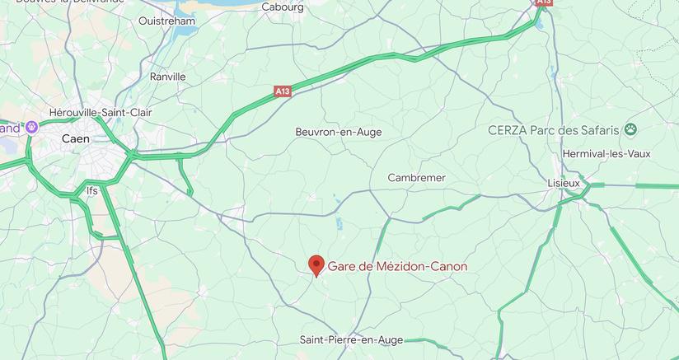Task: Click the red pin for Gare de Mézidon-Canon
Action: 316,265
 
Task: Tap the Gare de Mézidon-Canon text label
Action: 397,266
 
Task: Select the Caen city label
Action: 76,139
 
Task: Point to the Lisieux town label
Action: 564,182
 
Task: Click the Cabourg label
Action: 283,7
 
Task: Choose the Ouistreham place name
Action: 167,21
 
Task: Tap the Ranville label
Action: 168,77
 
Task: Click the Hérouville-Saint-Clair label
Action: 101,112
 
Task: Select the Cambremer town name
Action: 417,178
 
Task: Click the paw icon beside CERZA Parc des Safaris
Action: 631,129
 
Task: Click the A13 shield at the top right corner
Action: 543,2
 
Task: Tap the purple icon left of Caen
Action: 32,127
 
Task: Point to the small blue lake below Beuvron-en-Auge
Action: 338,222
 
